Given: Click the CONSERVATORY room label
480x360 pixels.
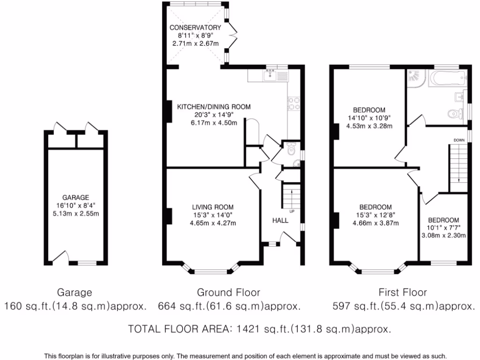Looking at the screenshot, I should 195,28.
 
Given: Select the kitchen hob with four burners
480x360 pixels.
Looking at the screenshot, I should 294,103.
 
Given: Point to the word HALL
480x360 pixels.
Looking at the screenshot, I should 280,220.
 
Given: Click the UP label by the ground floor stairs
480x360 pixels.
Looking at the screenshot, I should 292,211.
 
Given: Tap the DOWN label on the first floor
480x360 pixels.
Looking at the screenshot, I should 459,140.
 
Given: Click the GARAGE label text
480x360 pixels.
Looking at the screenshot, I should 75,198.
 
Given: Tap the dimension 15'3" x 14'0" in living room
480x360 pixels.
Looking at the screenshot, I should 212,215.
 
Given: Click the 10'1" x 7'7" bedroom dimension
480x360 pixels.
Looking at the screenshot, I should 443,228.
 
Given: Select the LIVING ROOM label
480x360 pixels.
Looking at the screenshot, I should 212,207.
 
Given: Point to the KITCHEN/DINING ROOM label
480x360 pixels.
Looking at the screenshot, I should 213,107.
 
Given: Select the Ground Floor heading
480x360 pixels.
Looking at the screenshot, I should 228,292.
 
